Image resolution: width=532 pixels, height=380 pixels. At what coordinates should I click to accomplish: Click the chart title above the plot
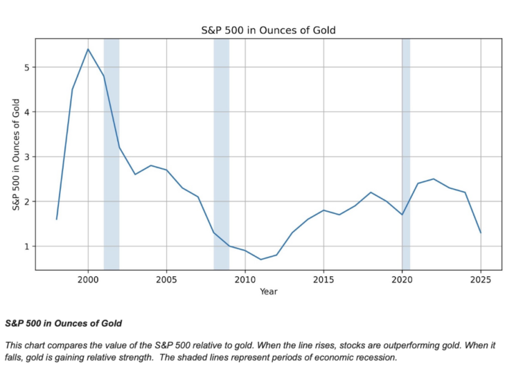(x=268, y=30)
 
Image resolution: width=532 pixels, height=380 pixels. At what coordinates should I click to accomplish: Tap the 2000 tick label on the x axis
(x=88, y=280)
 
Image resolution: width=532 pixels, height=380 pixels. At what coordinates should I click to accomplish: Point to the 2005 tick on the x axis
(x=166, y=280)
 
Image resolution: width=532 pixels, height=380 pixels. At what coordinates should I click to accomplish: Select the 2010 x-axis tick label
(x=245, y=280)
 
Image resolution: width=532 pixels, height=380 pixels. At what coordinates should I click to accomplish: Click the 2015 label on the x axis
(x=323, y=280)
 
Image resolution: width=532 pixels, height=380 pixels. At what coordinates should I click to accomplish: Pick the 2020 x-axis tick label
(x=402, y=280)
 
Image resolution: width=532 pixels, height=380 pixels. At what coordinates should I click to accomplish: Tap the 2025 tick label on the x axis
(x=480, y=280)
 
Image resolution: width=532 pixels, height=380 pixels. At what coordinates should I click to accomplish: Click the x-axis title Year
(x=268, y=291)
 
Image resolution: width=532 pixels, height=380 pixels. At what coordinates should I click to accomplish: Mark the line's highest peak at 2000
(x=88, y=49)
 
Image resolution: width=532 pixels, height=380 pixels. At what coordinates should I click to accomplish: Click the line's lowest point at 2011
(x=260, y=260)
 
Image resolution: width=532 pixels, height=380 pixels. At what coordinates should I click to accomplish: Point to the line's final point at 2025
(x=480, y=233)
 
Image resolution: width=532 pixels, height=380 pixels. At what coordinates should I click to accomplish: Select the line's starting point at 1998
(x=57, y=219)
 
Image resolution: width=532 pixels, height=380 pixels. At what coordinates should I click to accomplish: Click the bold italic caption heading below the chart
(x=63, y=323)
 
